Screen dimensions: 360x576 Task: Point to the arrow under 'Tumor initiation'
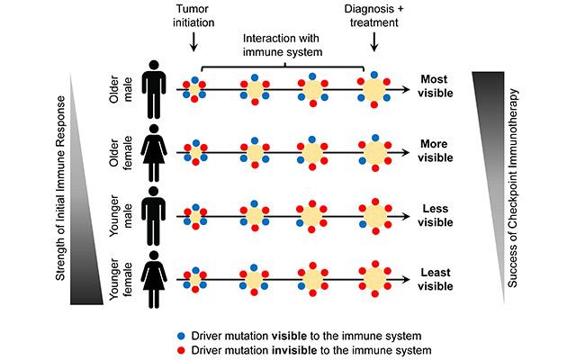193,42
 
